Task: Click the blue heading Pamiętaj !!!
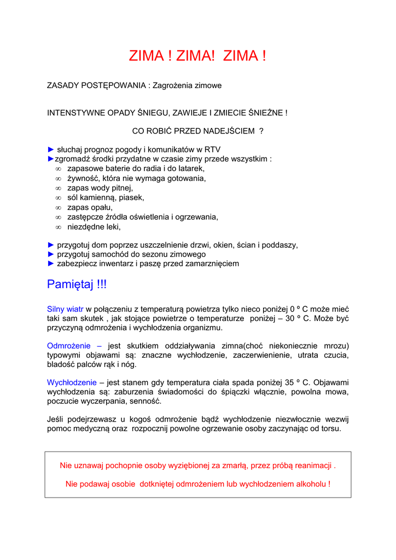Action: click(x=77, y=284)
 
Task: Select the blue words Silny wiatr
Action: click(x=65, y=309)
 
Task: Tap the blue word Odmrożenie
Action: click(x=68, y=346)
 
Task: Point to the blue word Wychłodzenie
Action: click(x=72, y=382)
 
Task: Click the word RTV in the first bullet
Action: click(x=213, y=149)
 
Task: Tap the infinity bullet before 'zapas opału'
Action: click(x=59, y=208)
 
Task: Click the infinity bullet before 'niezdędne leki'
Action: click(x=59, y=227)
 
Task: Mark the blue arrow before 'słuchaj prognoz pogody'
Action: click(x=51, y=149)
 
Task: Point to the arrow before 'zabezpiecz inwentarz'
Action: click(x=51, y=264)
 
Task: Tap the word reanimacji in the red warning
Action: click(x=313, y=465)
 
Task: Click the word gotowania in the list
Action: click(x=187, y=178)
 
